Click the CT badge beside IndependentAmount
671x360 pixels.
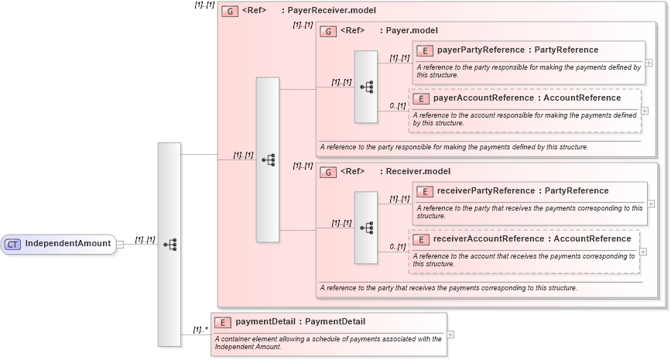(12, 245)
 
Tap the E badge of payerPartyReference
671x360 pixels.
(424, 50)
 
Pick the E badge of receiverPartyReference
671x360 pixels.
(424, 191)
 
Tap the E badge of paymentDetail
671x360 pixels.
(222, 322)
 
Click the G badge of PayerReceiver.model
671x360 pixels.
(229, 12)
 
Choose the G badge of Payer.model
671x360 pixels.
(327, 31)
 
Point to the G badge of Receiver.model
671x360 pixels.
(327, 172)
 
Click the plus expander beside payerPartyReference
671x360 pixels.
(649, 63)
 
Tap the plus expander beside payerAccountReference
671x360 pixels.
(645, 111)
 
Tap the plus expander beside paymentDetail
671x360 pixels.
(450, 334)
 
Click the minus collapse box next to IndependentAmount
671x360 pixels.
(120, 245)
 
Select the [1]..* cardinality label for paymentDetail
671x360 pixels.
(200, 331)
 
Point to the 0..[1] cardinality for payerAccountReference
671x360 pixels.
(397, 106)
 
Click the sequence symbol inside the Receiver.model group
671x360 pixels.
(366, 228)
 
